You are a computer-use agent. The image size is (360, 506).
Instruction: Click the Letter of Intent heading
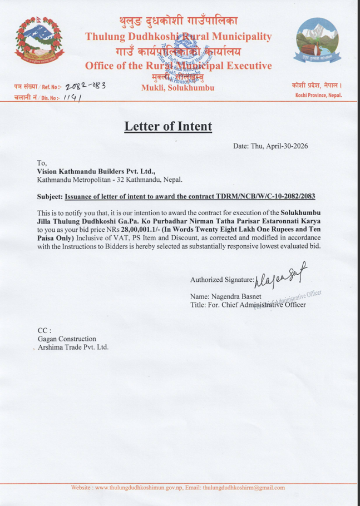[x=168, y=126]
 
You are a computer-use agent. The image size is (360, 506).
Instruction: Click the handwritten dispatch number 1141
[x=71, y=97]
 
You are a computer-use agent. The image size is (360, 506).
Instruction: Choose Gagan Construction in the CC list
[x=66, y=339]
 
